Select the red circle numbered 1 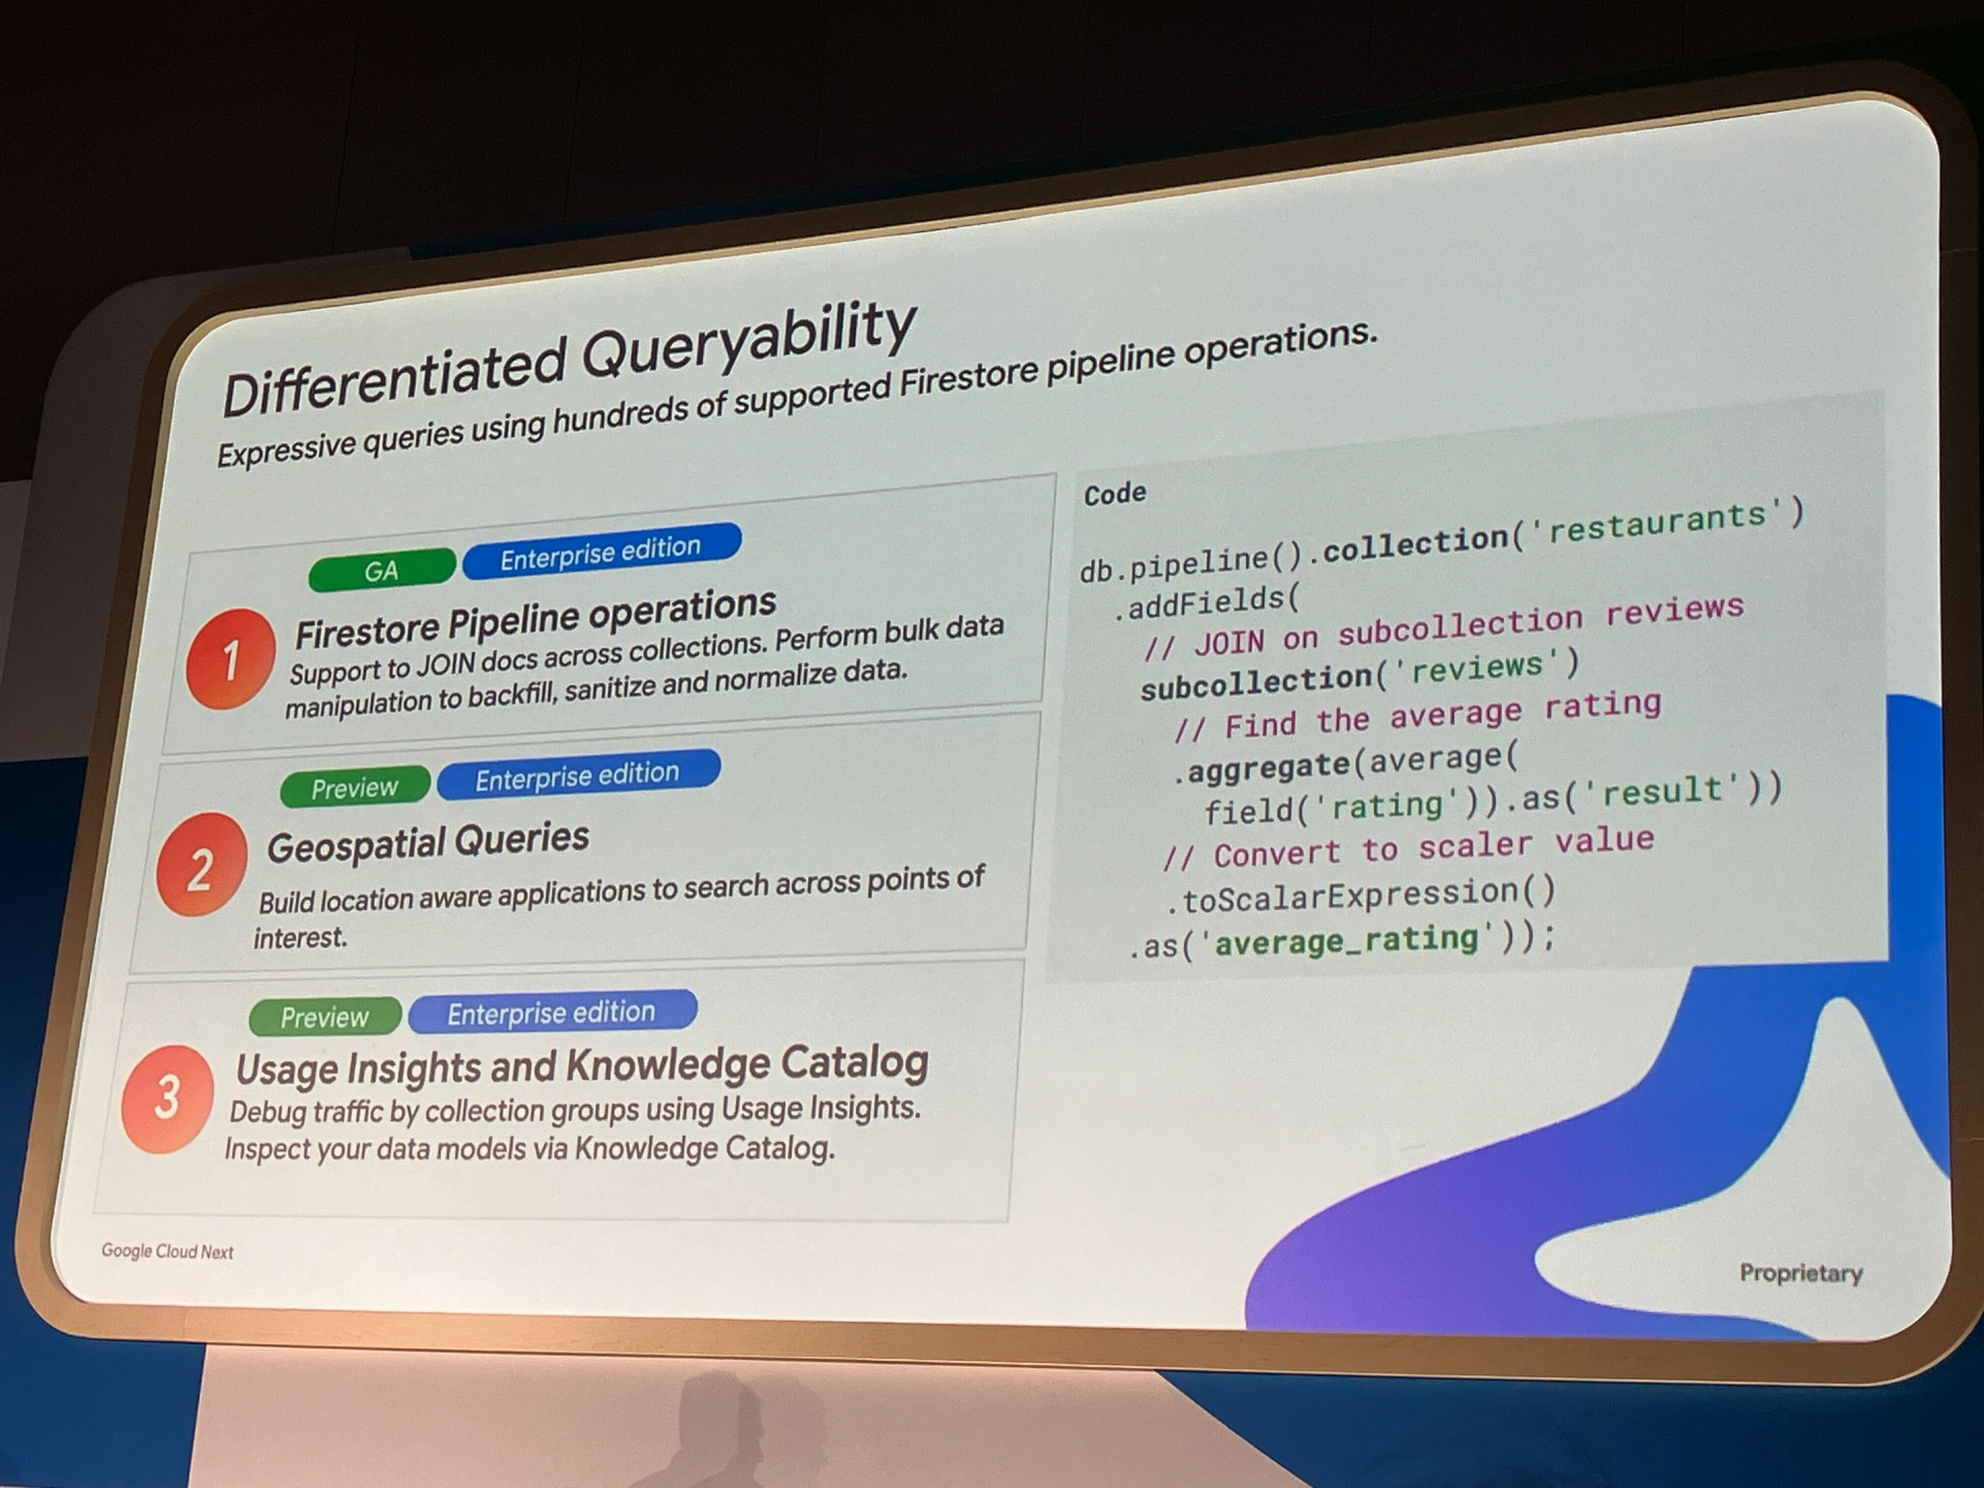coord(230,659)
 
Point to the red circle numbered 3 coord(168,1099)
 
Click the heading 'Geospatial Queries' coord(428,842)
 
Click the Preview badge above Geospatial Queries coord(355,787)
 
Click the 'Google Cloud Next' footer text coord(168,1251)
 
